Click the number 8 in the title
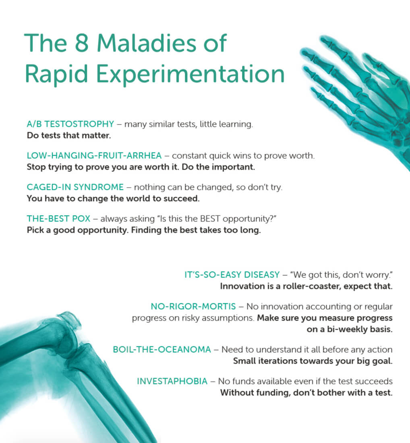82,43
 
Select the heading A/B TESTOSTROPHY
70,124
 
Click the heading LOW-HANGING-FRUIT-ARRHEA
94,155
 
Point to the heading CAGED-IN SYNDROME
75,187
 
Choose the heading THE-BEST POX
58,219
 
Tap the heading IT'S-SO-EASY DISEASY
232,275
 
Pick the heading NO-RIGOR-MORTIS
193,306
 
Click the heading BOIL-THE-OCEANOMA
162,350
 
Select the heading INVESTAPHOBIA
172,381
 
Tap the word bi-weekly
347,329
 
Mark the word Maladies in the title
146,43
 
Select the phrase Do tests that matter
68,135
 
